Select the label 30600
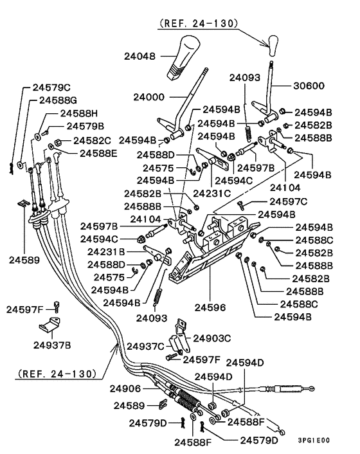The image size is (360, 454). tap(310, 86)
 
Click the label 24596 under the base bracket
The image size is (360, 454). tap(211, 308)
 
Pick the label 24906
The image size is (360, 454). tap(124, 388)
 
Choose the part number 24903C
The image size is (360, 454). tap(212, 337)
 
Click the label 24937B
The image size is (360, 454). tap(52, 345)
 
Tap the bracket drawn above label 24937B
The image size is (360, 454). tap(52, 324)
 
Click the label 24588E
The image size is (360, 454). tap(99, 153)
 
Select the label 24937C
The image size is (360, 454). tap(145, 347)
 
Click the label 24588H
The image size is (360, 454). tap(78, 113)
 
